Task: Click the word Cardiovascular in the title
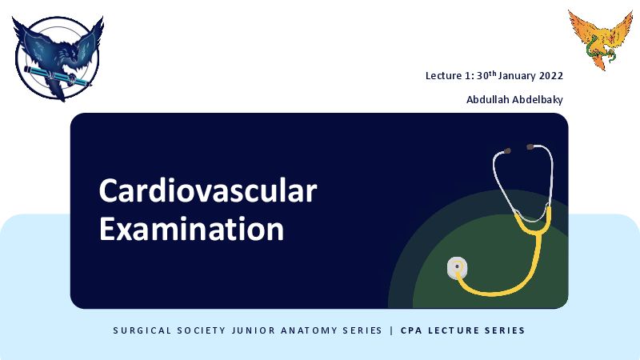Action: [x=208, y=190]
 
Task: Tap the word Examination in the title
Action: [x=191, y=229]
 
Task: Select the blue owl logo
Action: [x=58, y=58]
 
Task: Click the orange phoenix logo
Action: [x=601, y=39]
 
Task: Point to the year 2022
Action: [x=551, y=76]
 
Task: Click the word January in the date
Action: [x=517, y=76]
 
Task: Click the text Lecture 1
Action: [x=449, y=76]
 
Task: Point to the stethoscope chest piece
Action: [x=457, y=267]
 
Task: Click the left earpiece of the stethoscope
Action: [x=506, y=151]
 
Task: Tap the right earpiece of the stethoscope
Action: [x=530, y=146]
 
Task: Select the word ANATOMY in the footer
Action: [x=308, y=330]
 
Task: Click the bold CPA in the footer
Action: [x=411, y=330]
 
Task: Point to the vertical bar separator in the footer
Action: [x=392, y=330]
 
